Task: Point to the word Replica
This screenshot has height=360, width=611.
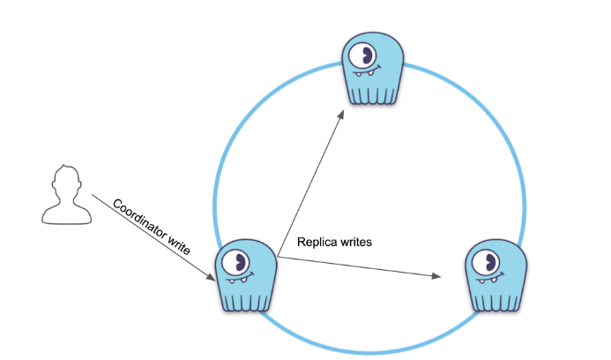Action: pyautogui.click(x=317, y=240)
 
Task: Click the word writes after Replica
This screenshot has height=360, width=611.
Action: pyautogui.click(x=355, y=240)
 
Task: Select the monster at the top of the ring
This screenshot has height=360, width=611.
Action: pyautogui.click(x=369, y=69)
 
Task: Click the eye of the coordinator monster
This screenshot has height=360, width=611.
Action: pyautogui.click(x=235, y=261)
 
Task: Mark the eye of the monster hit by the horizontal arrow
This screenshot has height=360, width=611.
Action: pyautogui.click(x=485, y=261)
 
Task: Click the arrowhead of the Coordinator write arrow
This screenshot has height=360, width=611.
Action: pyautogui.click(x=211, y=280)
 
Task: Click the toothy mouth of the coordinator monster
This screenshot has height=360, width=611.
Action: pyautogui.click(x=240, y=280)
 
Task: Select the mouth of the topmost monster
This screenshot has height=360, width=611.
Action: pyautogui.click(x=371, y=72)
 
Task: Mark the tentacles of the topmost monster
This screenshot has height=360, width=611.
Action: pyautogui.click(x=369, y=93)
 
